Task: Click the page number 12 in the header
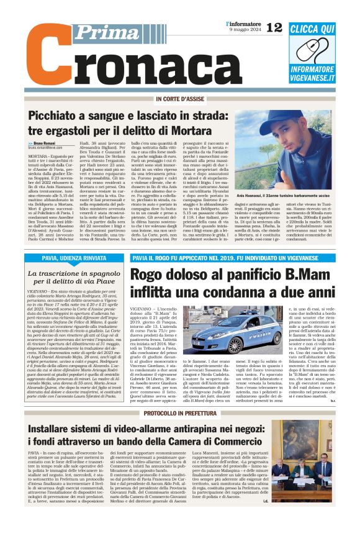(x=274, y=28)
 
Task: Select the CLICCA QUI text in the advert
(x=312, y=29)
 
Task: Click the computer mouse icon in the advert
(x=312, y=52)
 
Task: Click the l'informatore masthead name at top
(x=239, y=23)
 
